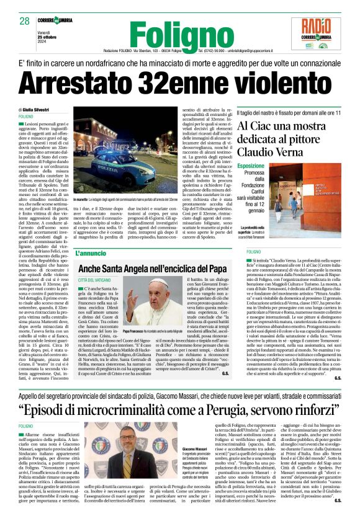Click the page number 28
tap(25, 20)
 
